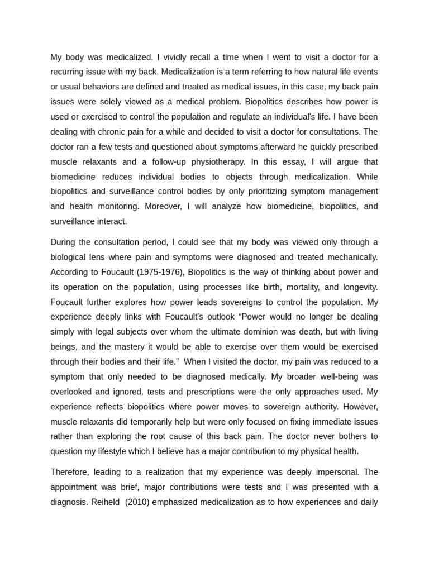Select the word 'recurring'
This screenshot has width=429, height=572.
pos(69,72)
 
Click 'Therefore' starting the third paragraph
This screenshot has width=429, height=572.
pos(70,472)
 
